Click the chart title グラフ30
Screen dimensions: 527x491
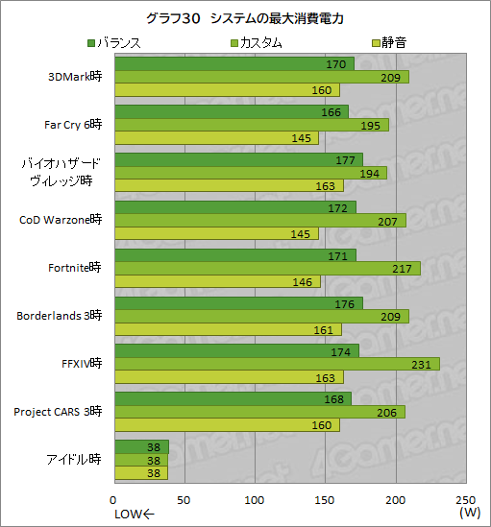pyautogui.click(x=245, y=18)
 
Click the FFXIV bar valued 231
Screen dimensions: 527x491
pyautogui.click(x=277, y=364)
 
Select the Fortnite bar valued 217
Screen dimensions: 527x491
pyautogui.click(x=267, y=269)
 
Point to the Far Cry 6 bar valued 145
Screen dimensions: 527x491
pyautogui.click(x=217, y=138)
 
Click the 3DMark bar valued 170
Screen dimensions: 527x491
pyautogui.click(x=233, y=64)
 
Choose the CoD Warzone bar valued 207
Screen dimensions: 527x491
pyautogui.click(x=259, y=221)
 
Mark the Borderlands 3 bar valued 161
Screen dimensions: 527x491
pyautogui.click(x=228, y=329)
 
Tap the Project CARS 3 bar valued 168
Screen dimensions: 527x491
pyautogui.click(x=233, y=398)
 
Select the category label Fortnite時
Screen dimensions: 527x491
pyautogui.click(x=74, y=268)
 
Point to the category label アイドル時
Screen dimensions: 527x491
pyautogui.click(x=74, y=459)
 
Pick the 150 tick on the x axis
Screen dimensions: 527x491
pyautogui.click(x=325, y=500)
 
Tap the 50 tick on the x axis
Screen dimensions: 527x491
pyautogui.click(x=184, y=500)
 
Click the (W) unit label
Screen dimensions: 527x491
pyautogui.click(x=470, y=514)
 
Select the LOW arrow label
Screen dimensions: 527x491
pyautogui.click(x=134, y=514)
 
